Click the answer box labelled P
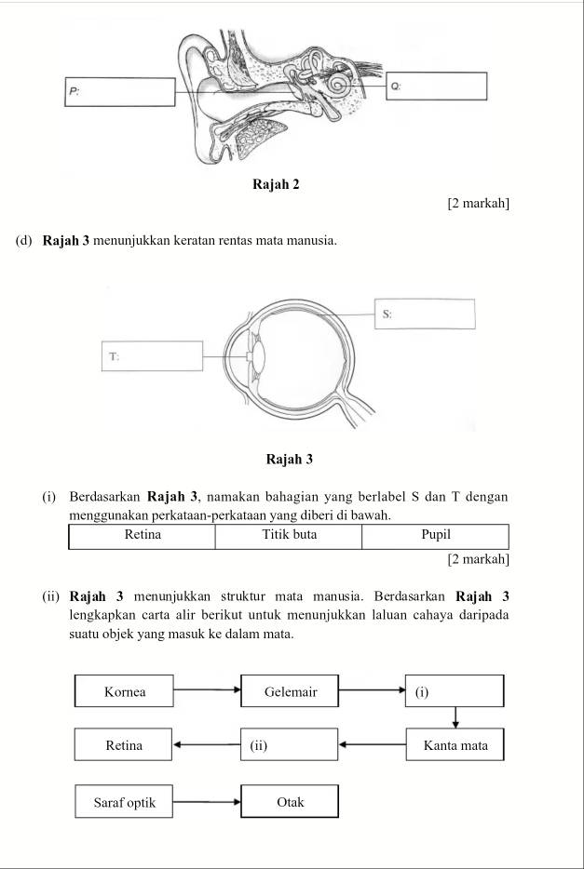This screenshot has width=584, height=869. point(119,92)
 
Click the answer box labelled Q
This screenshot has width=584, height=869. point(437,86)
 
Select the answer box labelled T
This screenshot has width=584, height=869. point(153,355)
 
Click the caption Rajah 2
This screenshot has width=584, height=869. point(276,183)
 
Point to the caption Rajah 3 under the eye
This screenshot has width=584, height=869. point(290,459)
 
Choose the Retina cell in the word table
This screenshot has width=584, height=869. point(142,536)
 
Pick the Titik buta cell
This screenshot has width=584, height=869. point(289,536)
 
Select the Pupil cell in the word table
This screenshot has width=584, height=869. point(435,536)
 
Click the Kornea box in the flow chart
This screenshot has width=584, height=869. point(125,691)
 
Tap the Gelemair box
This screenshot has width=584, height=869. point(290,691)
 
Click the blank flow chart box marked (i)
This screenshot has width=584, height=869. point(455,691)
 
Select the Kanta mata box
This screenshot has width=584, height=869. point(455,745)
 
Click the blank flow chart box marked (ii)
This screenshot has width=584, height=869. point(290,745)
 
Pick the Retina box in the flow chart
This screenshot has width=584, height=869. point(125,745)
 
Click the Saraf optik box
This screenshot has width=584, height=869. point(125,801)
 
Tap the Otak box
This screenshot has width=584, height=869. point(290,801)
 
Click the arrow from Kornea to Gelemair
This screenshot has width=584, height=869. point(207,690)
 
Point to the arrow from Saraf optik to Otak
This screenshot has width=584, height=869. point(207,800)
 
